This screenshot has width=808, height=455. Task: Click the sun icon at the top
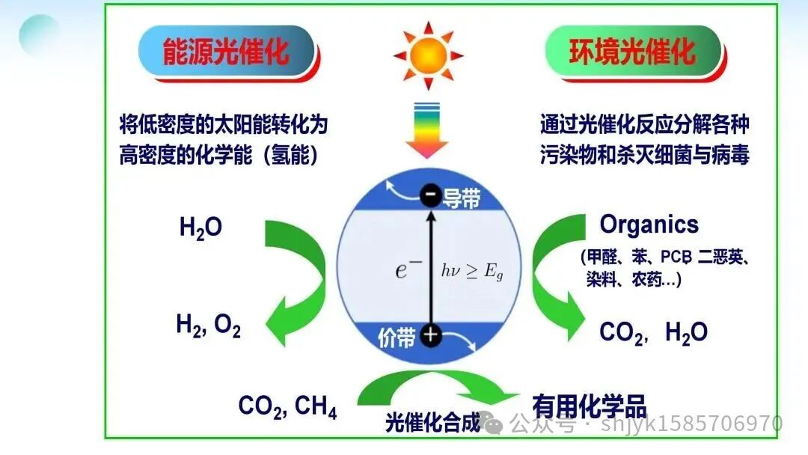tap(428, 55)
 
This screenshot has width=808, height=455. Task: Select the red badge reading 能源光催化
tap(226, 52)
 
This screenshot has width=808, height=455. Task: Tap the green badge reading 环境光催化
tap(633, 52)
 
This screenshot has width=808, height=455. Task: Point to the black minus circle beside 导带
tap(430, 196)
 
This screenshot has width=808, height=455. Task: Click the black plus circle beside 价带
tap(430, 335)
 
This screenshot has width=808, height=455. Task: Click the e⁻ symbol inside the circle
tap(405, 269)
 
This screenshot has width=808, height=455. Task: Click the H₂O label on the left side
tap(201, 227)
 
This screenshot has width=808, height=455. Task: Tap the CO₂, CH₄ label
tap(287, 407)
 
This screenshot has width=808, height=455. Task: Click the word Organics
tap(649, 224)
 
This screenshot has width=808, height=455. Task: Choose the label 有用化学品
tap(589, 405)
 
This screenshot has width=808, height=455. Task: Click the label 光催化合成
tap(432, 423)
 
